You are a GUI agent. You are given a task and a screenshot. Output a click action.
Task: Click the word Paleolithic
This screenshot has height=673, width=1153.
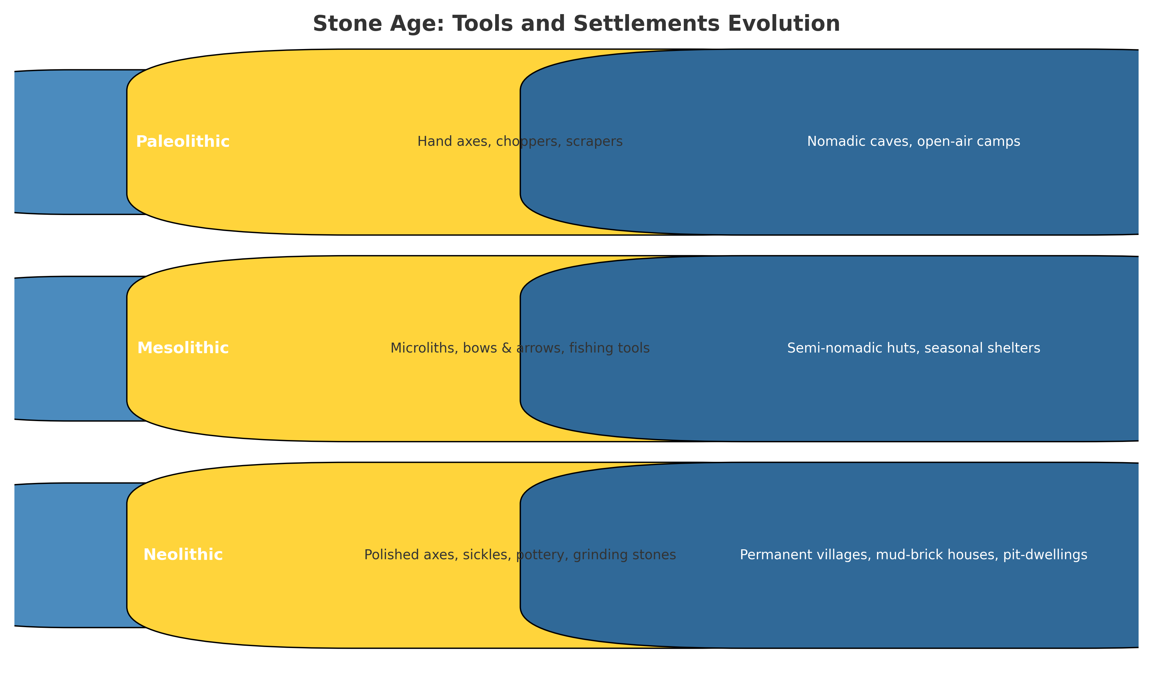183,142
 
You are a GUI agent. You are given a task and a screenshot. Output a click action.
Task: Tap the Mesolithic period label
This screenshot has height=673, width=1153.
183,348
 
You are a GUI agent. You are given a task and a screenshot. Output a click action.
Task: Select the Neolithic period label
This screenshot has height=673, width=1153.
183,555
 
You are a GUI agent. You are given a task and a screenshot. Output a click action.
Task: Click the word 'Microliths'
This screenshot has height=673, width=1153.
420,348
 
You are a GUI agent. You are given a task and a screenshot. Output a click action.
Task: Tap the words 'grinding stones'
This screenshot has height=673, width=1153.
629,555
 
